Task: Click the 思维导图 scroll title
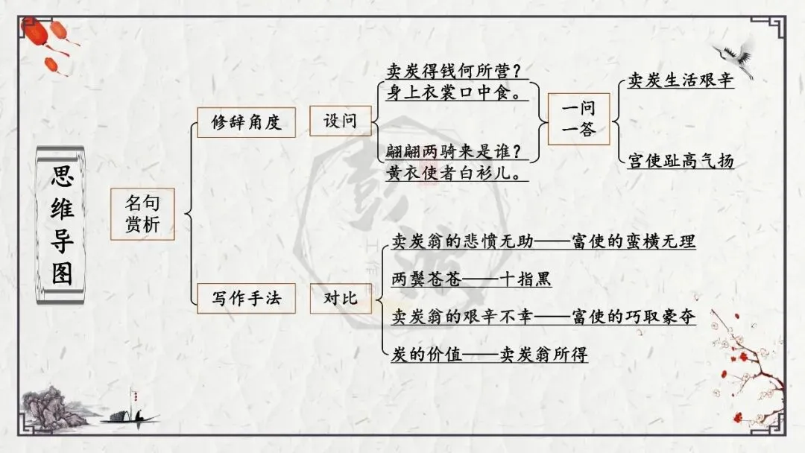pyautogui.click(x=62, y=226)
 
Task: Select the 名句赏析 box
pyautogui.click(x=142, y=214)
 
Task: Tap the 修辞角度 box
pyautogui.click(x=246, y=122)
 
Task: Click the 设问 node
pyautogui.click(x=340, y=121)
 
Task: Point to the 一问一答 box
pyautogui.click(x=578, y=119)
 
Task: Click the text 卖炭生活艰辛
pyautogui.click(x=681, y=80)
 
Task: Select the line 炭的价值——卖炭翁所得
pyautogui.click(x=490, y=355)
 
